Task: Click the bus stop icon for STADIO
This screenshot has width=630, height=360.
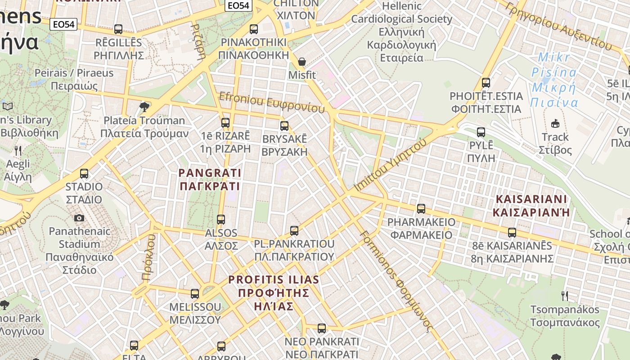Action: pyautogui.click(x=84, y=174)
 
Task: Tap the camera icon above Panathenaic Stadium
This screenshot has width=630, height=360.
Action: pyautogui.click(x=79, y=218)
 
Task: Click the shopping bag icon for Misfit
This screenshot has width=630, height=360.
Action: pyautogui.click(x=302, y=62)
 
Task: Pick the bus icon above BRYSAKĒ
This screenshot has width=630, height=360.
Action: pyautogui.click(x=284, y=126)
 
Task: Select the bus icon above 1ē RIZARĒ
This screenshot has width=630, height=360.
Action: pyautogui.click(x=225, y=122)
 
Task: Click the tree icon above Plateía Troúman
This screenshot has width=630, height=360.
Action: pyautogui.click(x=144, y=107)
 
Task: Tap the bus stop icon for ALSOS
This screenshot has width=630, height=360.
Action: pyautogui.click(x=221, y=220)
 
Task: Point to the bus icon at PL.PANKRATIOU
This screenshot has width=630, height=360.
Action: pyautogui.click(x=294, y=231)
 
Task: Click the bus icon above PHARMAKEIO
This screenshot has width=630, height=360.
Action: pyautogui.click(x=421, y=209)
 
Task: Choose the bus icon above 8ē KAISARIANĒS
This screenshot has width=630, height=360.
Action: pyautogui.click(x=512, y=233)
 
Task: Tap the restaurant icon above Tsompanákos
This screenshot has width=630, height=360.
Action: pyautogui.click(x=565, y=296)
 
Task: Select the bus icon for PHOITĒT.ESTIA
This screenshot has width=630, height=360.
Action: pyautogui.click(x=486, y=83)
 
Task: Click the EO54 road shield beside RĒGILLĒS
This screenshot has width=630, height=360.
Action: pyautogui.click(x=63, y=24)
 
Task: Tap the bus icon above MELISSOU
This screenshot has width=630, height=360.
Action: pyautogui.click(x=195, y=294)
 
